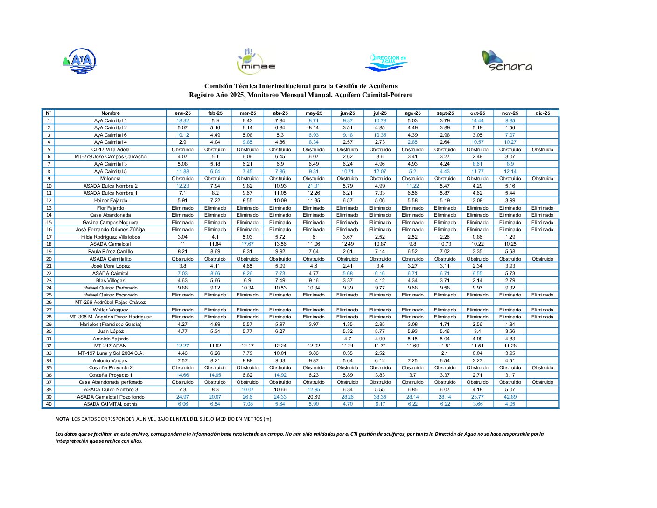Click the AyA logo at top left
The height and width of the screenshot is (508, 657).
[x=80, y=61]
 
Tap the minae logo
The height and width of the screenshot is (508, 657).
[x=256, y=62]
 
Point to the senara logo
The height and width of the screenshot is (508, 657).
[x=507, y=61]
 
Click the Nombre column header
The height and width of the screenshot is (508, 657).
[x=111, y=113]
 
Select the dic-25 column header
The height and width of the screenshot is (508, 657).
[x=543, y=113]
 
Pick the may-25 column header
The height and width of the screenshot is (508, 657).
[x=314, y=113]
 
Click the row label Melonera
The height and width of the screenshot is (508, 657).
[x=111, y=179]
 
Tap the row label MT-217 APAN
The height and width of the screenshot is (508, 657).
[x=111, y=346]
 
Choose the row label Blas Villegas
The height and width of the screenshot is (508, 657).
[x=111, y=281]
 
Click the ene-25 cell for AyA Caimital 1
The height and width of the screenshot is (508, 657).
[x=182, y=120]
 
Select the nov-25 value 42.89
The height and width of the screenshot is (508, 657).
[x=510, y=397]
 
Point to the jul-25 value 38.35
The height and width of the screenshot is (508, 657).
[x=380, y=397]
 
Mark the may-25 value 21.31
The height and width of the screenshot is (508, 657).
[x=314, y=186]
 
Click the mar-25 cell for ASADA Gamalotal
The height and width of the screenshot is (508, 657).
[x=247, y=244]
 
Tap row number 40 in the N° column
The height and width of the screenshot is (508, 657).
[x=49, y=404]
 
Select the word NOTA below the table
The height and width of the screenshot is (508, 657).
[x=63, y=419]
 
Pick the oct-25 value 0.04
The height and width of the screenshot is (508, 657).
[x=477, y=353]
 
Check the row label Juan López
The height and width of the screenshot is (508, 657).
[x=111, y=332]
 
